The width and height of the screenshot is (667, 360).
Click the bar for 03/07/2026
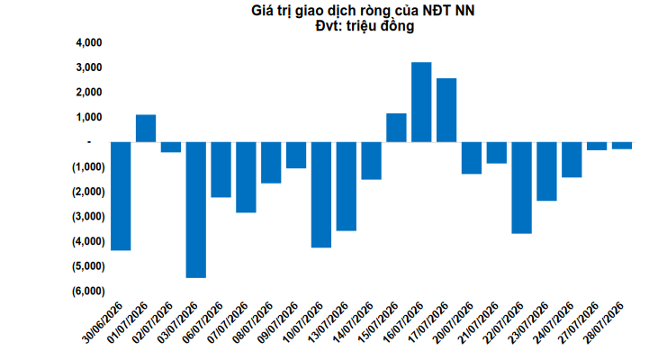(196, 210)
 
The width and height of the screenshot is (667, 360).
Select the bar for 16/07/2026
(421, 102)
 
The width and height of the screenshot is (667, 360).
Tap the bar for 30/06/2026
(121, 196)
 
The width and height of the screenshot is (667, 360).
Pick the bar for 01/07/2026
(146, 129)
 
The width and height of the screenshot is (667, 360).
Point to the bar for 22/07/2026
(521, 188)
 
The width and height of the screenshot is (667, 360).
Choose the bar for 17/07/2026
(446, 110)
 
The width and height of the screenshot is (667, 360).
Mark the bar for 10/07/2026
(321, 194)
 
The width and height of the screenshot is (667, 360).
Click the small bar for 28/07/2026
(622, 146)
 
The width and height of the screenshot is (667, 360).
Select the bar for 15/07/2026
(396, 128)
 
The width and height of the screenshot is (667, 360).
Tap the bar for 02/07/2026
(171, 147)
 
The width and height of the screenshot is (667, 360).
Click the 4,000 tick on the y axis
(89, 42)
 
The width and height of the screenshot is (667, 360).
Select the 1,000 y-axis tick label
(89, 117)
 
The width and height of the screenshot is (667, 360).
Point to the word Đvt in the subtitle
(328, 26)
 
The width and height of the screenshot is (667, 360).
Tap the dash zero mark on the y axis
(89, 141)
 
